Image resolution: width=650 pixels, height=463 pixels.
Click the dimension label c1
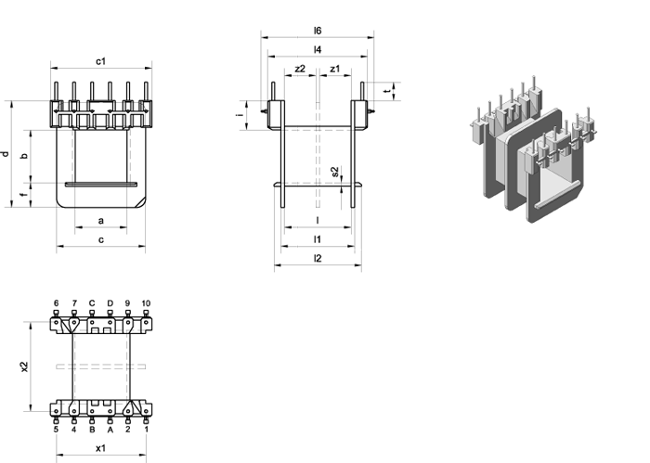100,61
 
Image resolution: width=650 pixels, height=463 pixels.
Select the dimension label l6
318,31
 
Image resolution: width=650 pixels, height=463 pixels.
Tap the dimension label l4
318,50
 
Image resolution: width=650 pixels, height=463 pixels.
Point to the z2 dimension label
300,69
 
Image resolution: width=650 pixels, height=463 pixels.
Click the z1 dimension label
334,69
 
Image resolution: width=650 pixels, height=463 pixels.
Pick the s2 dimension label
335,171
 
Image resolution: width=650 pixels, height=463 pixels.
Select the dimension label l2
318,259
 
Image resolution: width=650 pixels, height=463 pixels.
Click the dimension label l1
318,239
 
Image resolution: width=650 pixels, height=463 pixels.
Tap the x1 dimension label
100,448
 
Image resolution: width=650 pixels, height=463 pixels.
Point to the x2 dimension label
24,367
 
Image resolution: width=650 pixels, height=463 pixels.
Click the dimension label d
6,154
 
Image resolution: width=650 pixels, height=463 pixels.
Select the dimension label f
24,194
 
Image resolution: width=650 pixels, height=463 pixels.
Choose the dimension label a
100,221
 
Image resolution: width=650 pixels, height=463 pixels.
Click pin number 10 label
146,303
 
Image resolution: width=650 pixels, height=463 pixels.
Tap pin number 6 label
56,303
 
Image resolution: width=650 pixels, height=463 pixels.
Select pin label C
92,303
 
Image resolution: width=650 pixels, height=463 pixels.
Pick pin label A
110,430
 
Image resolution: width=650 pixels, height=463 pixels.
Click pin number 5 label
56,430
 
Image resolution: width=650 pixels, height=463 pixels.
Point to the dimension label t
387,91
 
